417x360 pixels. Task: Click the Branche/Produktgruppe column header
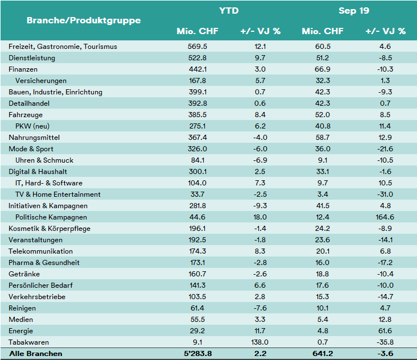click(84, 20)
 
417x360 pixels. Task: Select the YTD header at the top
click(229, 11)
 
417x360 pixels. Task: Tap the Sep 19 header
click(354, 11)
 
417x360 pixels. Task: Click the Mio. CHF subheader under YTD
click(197, 31)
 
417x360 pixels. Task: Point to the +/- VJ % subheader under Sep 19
click(385, 31)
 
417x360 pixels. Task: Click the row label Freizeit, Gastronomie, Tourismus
click(63, 47)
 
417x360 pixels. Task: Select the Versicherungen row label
click(41, 81)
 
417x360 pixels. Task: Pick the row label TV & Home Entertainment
click(58, 195)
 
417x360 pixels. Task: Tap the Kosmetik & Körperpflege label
click(49, 229)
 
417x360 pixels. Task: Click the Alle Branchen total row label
click(36, 354)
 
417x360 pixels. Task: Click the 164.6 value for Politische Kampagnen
click(385, 217)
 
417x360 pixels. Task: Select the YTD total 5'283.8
click(197, 354)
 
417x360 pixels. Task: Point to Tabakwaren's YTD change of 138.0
click(259, 342)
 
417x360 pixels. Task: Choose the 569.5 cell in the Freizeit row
click(197, 47)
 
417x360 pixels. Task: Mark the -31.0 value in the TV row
click(385, 195)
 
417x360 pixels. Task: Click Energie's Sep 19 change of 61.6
click(385, 331)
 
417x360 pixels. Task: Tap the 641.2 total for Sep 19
click(323, 354)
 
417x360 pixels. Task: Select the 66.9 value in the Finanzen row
click(323, 69)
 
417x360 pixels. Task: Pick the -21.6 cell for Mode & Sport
click(385, 149)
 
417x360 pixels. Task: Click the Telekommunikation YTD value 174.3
click(197, 251)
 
